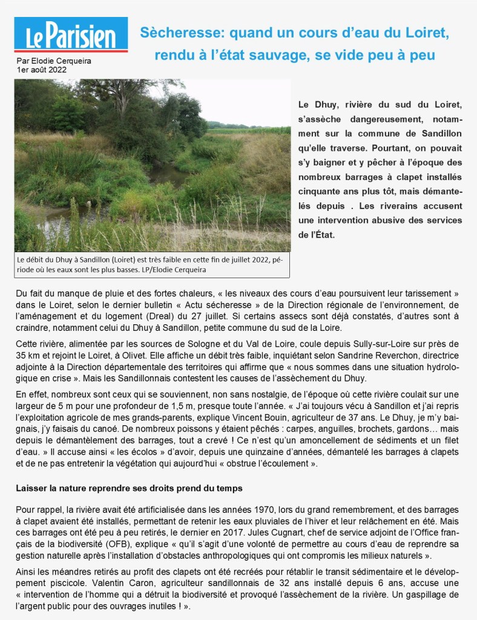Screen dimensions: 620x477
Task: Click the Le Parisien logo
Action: click(71, 35)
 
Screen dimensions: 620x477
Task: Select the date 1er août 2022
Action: click(42, 69)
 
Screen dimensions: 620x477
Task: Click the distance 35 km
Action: click(31, 356)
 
